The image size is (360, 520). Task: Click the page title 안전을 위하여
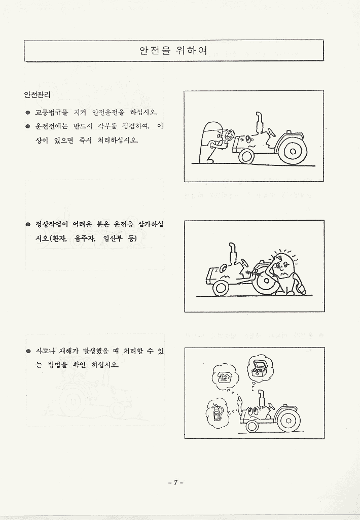tap(173, 50)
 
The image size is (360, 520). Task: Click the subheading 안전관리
tap(37, 95)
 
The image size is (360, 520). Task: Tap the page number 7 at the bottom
tap(176, 482)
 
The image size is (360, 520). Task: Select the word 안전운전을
tap(108, 113)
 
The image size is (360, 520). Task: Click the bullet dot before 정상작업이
tap(28, 225)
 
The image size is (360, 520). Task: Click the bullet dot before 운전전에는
tap(28, 126)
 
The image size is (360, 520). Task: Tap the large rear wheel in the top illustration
tap(293, 151)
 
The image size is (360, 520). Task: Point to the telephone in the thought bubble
tap(225, 377)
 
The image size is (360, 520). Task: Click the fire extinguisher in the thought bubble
tap(217, 411)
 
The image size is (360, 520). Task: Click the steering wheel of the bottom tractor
tap(270, 405)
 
